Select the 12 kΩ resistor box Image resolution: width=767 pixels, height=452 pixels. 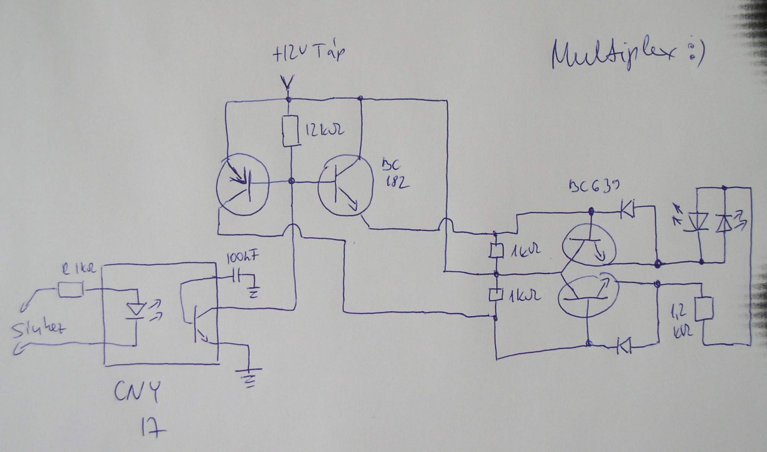point(291,131)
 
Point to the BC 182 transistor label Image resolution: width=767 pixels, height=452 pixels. point(395,174)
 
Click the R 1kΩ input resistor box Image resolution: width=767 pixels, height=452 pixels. point(71,290)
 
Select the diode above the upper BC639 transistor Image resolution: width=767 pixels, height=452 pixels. point(627,209)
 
